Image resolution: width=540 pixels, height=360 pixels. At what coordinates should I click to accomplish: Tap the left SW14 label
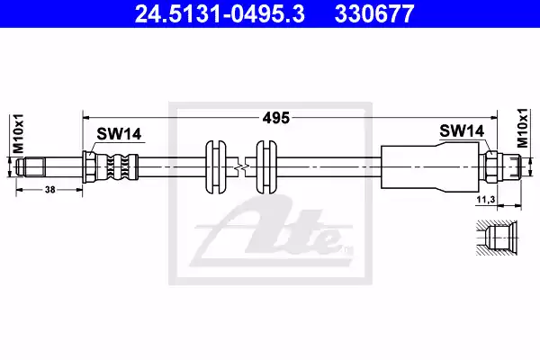(119, 133)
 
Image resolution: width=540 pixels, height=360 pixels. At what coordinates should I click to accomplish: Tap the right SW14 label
(463, 131)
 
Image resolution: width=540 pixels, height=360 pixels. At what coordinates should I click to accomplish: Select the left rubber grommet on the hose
(216, 166)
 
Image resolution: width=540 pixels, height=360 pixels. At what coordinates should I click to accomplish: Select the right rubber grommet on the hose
(265, 166)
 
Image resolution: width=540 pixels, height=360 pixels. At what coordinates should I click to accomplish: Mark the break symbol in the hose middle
(240, 166)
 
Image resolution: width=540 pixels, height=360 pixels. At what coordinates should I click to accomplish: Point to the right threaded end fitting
(506, 166)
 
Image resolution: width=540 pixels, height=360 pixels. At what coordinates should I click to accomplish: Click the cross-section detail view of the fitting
(496, 237)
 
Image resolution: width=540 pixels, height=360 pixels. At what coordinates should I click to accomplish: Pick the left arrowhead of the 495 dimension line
(86, 115)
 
